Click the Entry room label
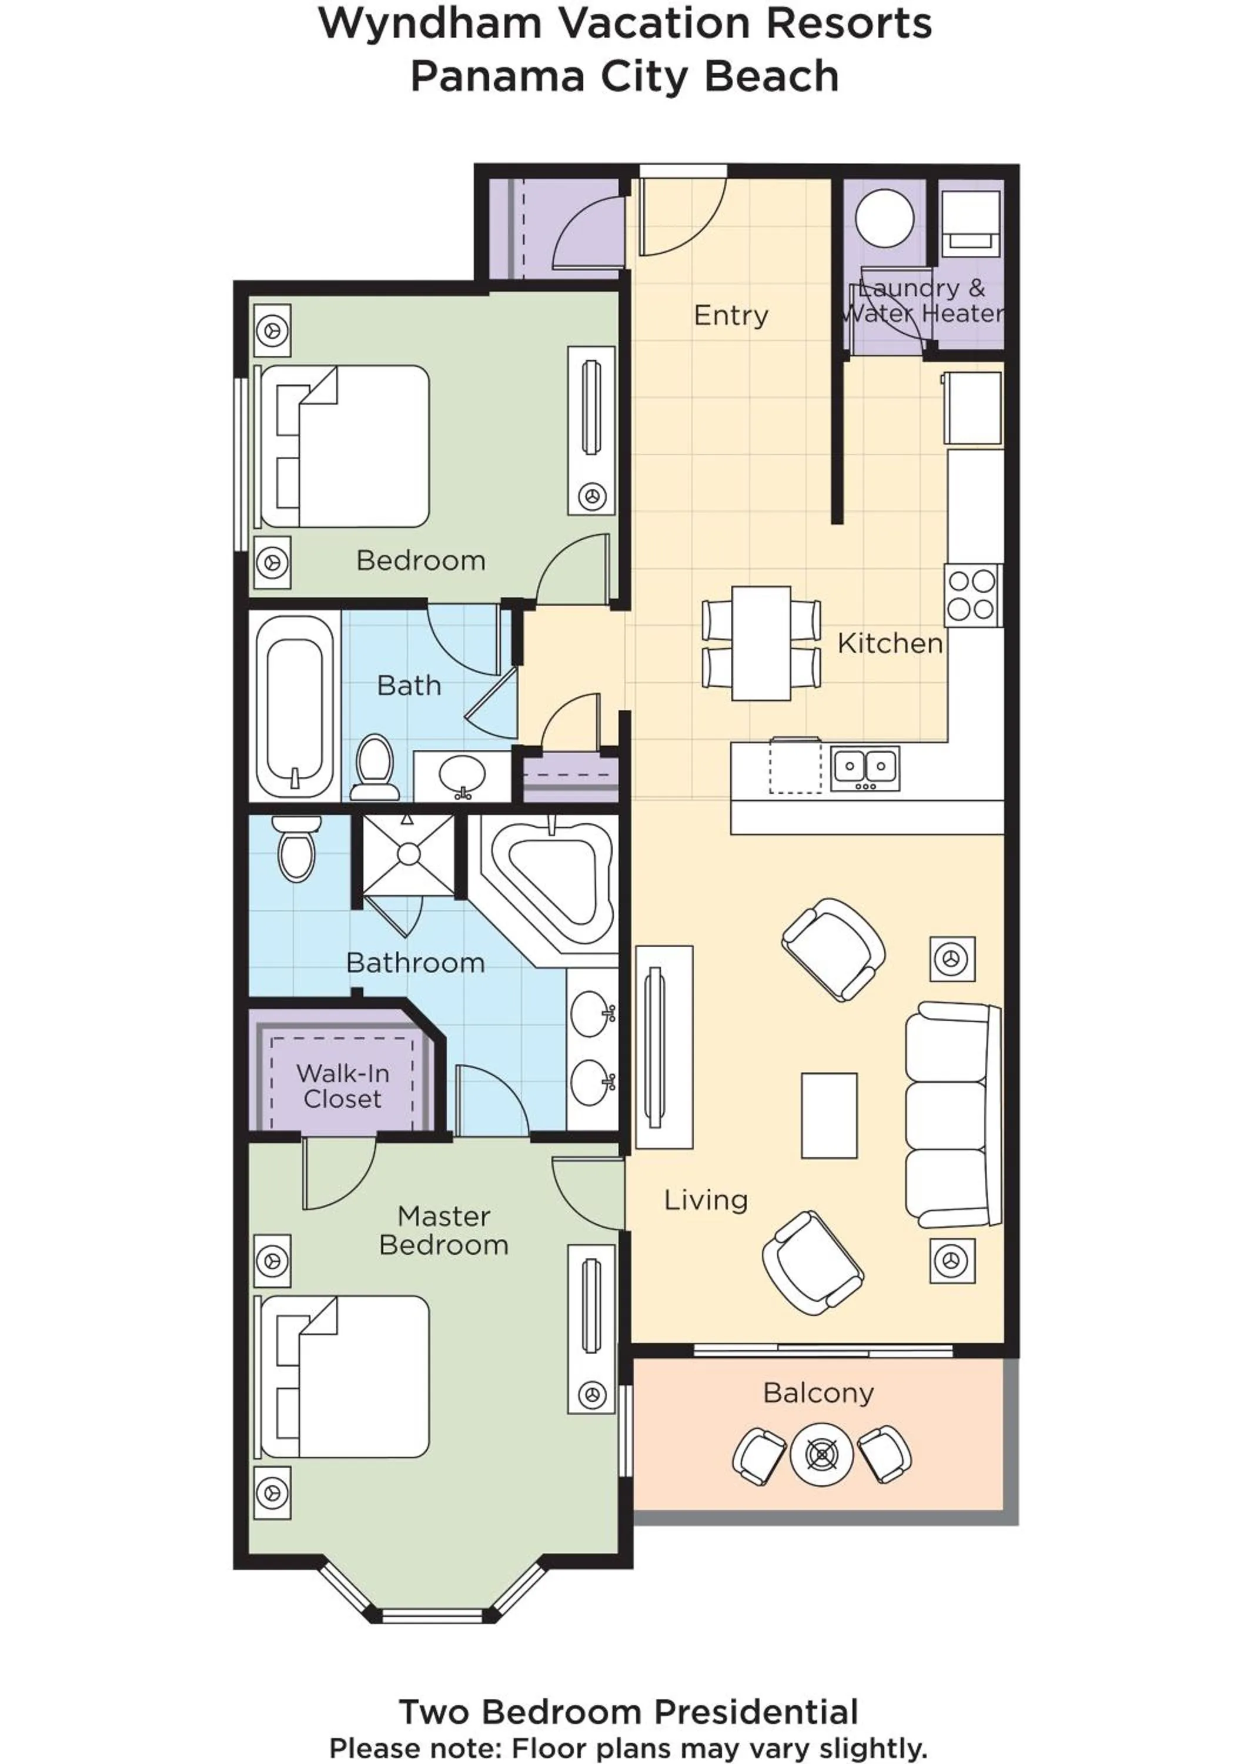tap(731, 316)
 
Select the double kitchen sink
tap(865, 768)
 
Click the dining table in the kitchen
tap(761, 643)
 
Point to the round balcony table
tap(821, 1455)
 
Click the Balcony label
tap(818, 1392)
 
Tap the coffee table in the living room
tap(828, 1115)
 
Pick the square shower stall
tap(409, 854)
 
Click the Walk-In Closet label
tap(342, 1086)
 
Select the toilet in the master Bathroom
tap(296, 849)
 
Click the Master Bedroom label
tap(443, 1231)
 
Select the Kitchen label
tap(890, 644)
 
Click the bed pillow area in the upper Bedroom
tap(288, 447)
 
